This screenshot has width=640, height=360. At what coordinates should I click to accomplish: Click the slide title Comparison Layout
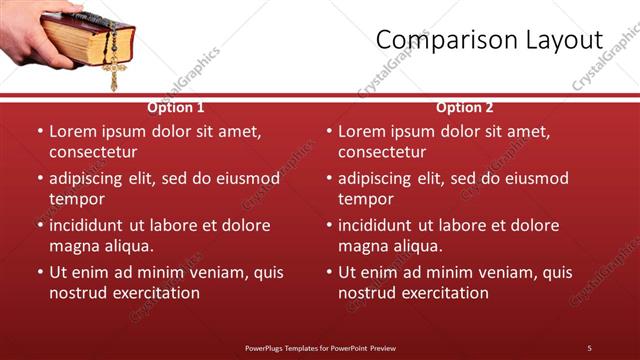pos(489,40)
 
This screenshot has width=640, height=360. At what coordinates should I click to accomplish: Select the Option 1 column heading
pos(176,107)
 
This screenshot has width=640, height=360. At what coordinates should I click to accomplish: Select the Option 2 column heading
pos(465,107)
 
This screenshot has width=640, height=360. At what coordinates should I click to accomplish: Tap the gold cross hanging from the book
pos(112,72)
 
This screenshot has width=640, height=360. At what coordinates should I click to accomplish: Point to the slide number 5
pos(589,347)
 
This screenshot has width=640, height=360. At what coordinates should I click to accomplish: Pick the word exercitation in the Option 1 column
pos(156,293)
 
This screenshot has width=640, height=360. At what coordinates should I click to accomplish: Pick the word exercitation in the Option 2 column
pos(445,293)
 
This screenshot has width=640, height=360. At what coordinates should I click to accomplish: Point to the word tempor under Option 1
pos(76,199)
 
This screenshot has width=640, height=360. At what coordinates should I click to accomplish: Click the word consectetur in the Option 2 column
pos(382,152)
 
